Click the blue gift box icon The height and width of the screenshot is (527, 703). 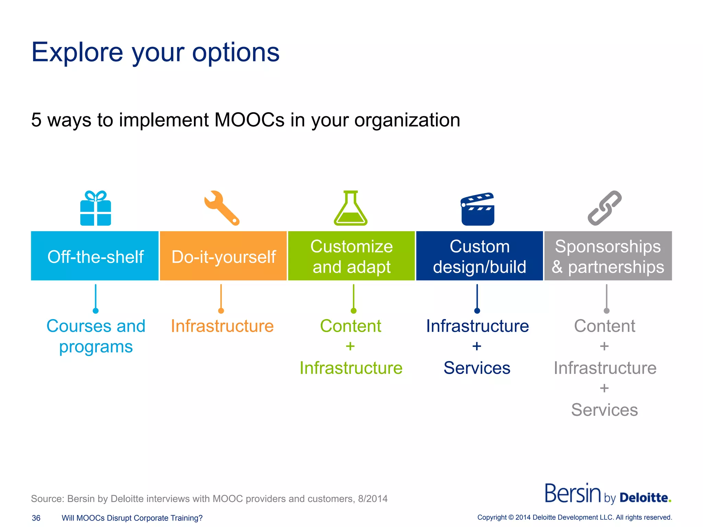95,208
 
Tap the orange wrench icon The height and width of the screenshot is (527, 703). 221,208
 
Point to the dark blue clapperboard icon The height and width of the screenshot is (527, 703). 477,209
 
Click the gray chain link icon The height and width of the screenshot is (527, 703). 604,208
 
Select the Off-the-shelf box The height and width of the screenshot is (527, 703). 95,256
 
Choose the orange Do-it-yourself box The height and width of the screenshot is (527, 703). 223,256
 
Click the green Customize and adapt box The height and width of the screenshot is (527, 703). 351,256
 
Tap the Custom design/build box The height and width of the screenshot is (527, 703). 479,256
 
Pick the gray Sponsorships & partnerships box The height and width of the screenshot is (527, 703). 608,256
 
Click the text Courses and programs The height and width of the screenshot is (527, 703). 96,336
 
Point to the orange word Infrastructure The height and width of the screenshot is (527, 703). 222,326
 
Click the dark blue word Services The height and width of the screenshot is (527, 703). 477,368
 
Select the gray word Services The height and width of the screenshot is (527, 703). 604,410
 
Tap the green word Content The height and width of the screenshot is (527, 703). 350,326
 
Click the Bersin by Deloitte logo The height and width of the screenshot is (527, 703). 608,494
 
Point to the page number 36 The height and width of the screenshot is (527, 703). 36,518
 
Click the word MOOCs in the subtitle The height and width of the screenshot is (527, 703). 249,120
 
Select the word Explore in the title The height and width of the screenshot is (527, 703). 77,52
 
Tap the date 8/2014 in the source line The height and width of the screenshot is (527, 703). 372,499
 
